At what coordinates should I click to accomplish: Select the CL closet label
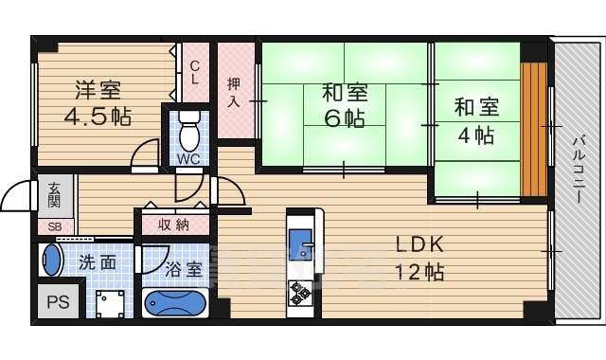[194, 73]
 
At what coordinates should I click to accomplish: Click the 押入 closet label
[233, 91]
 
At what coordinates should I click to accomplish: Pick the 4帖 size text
[476, 134]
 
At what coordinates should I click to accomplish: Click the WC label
[187, 159]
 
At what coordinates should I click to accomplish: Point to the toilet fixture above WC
[187, 126]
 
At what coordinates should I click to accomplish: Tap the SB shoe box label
[54, 227]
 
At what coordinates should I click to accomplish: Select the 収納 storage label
[173, 225]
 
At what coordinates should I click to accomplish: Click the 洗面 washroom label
[98, 262]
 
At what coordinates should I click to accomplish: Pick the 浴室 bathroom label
[183, 269]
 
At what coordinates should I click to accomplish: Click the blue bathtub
[174, 303]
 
